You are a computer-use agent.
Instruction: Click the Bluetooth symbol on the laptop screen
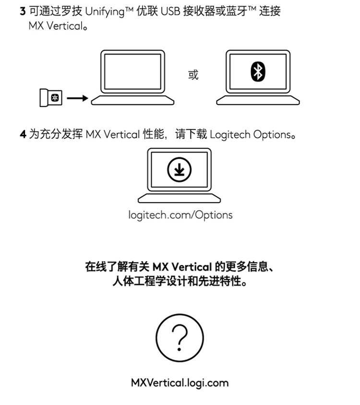[x=258, y=71]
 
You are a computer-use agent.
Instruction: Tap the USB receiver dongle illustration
[x=51, y=97]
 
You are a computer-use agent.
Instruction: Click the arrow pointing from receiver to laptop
[x=77, y=98]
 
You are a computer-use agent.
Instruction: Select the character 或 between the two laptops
[x=193, y=75]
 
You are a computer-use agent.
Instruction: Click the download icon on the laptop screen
[x=179, y=170]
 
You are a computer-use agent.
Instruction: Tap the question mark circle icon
[x=180, y=338]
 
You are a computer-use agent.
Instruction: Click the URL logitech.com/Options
[x=180, y=215]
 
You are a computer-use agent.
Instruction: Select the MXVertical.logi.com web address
[x=180, y=383]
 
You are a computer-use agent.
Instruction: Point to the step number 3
[x=23, y=11]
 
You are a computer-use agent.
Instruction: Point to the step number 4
[x=23, y=134]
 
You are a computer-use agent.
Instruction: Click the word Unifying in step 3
[x=105, y=12]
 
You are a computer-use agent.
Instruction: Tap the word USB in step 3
[x=170, y=12]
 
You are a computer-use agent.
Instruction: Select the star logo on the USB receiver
[x=55, y=97]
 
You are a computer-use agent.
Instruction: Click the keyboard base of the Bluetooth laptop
[x=258, y=100]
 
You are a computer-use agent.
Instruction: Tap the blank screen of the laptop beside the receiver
[x=132, y=71]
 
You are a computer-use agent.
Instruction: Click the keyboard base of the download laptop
[x=180, y=198]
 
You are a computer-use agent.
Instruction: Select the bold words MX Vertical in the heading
[x=182, y=267]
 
